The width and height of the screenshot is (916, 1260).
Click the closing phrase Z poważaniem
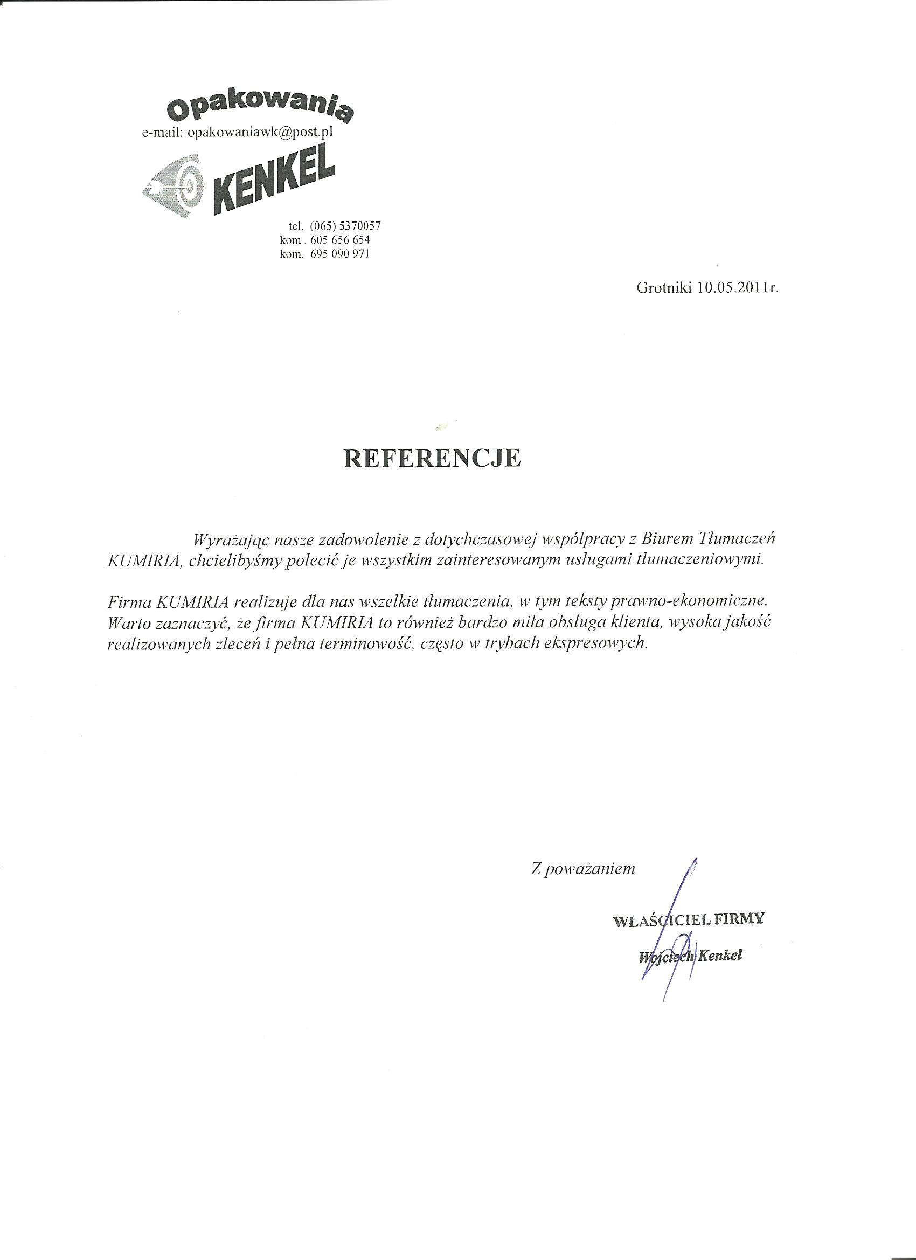coord(582,885)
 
